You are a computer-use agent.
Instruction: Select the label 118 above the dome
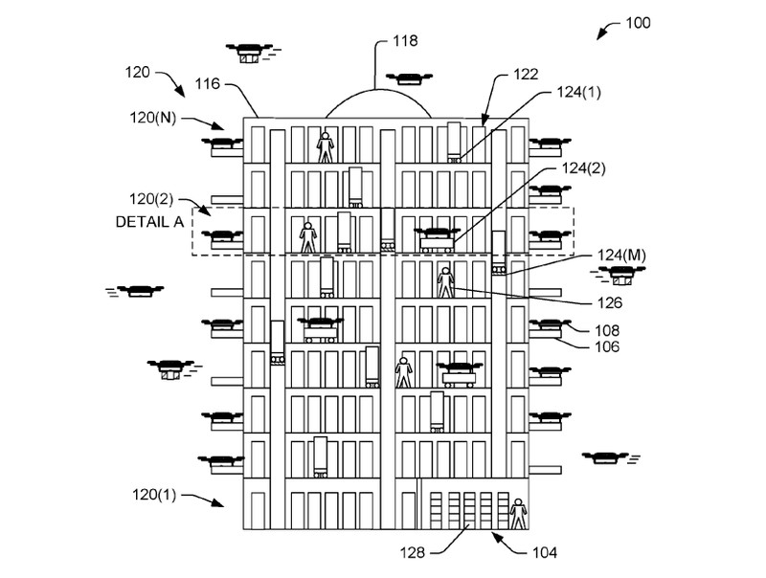[406, 41]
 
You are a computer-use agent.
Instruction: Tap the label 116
[208, 85]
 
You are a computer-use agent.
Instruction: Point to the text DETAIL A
[149, 222]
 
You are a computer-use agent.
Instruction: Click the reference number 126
[608, 303]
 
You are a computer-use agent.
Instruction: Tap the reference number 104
[543, 552]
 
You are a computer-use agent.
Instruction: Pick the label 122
[526, 73]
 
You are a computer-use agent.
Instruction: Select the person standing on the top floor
[327, 145]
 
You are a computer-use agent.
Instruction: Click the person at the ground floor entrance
[518, 513]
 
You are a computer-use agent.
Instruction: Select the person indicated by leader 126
[444, 283]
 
